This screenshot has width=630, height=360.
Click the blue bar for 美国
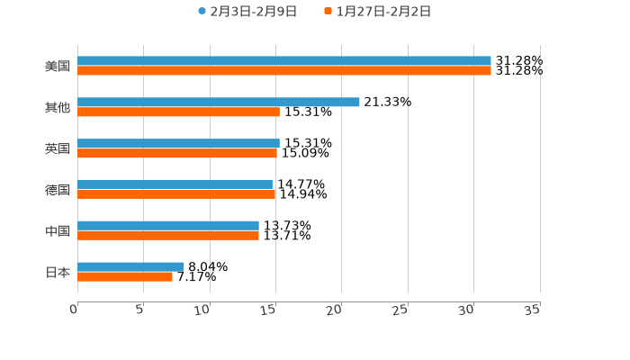coord(284,61)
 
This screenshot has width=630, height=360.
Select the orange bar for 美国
coord(284,71)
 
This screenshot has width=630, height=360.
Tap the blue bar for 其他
coord(219,103)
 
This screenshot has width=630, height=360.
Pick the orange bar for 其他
coord(178,112)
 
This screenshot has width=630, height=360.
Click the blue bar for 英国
coord(178,144)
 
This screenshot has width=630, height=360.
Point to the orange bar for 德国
coord(176,194)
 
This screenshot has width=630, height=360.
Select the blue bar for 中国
coord(168,226)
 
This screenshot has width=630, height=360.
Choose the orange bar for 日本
coord(125,277)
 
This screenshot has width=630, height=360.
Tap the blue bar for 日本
coord(130,267)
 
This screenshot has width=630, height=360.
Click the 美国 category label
coord(58,67)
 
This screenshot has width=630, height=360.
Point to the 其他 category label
coord(58,108)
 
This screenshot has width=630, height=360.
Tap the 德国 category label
coord(58,190)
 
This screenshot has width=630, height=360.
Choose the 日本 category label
coord(58,273)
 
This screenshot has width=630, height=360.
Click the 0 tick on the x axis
coord(75,310)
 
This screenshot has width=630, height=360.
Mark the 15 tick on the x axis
coord(269,310)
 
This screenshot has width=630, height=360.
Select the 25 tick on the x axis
coord(401,310)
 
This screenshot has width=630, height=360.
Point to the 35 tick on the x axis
coord(533,310)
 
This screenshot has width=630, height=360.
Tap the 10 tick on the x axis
coord(203,310)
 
